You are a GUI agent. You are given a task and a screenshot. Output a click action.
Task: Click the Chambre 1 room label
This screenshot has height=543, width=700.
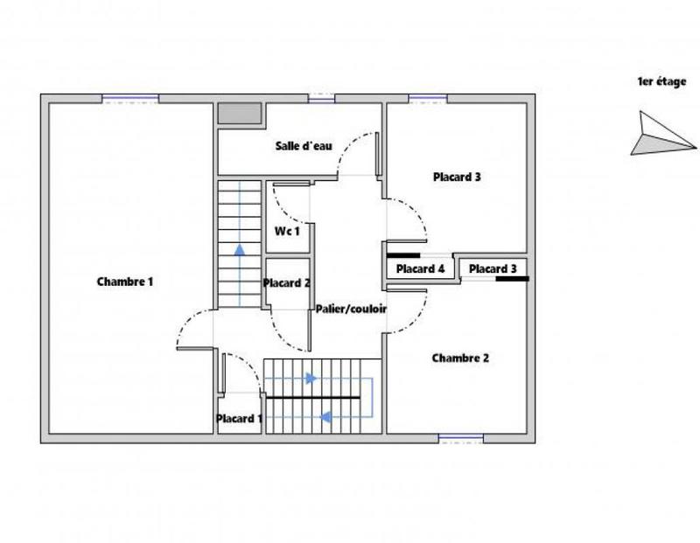coord(125,282)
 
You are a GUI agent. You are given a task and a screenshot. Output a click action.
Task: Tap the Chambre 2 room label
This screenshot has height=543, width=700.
coord(460,358)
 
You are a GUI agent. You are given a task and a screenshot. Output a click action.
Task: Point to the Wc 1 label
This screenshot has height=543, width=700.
coord(288,232)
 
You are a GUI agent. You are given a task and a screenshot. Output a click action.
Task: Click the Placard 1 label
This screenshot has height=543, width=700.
coord(239,419)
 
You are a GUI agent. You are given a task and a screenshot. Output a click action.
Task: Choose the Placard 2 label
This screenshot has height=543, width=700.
coord(287,282)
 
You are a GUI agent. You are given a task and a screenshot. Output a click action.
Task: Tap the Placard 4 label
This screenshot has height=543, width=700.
coord(421,269)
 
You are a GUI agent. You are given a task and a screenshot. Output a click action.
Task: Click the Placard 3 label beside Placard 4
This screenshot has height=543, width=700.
coord(493,269)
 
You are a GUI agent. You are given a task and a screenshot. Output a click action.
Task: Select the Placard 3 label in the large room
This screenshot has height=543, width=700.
coord(457,177)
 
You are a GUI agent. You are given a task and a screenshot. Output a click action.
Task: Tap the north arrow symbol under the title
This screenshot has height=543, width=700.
coord(661,134)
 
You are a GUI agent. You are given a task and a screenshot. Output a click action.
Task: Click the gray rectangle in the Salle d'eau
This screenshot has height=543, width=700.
coord(239,114)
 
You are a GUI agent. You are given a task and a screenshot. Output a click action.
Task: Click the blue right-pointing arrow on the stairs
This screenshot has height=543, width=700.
coord(310,379)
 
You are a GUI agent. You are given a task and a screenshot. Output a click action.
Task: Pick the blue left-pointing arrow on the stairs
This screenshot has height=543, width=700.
coord(325,417)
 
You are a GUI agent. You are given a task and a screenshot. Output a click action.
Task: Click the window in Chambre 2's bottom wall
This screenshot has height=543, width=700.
coord(460,438)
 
